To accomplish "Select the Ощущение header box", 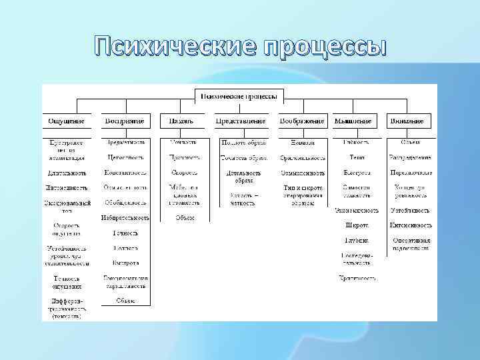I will click(66, 121).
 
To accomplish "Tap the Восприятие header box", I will click(125, 121).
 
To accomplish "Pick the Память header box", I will click(181, 121).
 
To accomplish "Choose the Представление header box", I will click(241, 121).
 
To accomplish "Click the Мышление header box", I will click(353, 121).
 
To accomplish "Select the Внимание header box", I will click(407, 121).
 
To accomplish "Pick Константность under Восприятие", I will click(125, 173).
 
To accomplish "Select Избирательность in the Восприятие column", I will click(125, 217).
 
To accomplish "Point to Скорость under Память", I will click(184, 173).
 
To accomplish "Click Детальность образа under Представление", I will click(243, 176).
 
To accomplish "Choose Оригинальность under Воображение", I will click(303, 158).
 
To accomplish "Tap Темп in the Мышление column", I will click(357, 158).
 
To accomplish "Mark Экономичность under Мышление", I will click(357, 210).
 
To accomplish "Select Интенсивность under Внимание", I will click(411, 225).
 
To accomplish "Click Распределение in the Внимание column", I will click(411, 158).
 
